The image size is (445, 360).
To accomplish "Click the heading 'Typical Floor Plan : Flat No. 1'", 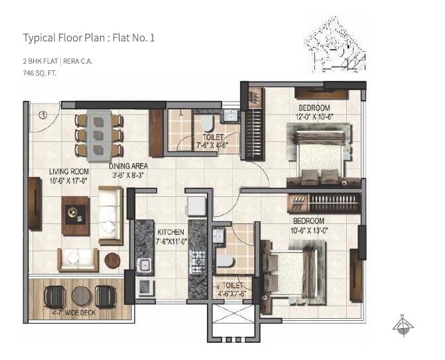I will (89, 38).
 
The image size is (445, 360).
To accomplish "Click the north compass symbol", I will (403, 324).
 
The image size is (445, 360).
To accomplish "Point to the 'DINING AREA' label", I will (129, 166).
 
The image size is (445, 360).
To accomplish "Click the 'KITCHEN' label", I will (171, 232).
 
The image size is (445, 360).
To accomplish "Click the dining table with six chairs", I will (99, 135).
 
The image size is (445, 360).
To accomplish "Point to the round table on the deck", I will (81, 295).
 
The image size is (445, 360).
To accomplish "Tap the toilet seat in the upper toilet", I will (206, 123).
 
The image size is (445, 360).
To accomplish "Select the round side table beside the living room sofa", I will (113, 260).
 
